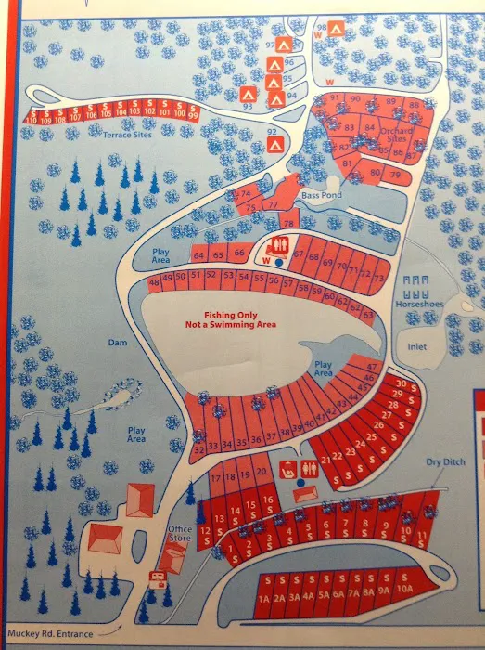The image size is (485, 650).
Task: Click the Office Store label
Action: (x=179, y=532)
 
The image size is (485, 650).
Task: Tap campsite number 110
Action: (x=32, y=120)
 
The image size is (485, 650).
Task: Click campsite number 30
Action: (x=402, y=383)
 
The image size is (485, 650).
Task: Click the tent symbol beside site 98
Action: (x=339, y=28)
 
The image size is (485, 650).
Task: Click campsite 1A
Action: (x=264, y=599)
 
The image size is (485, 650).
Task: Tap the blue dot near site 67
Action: (x=279, y=263)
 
